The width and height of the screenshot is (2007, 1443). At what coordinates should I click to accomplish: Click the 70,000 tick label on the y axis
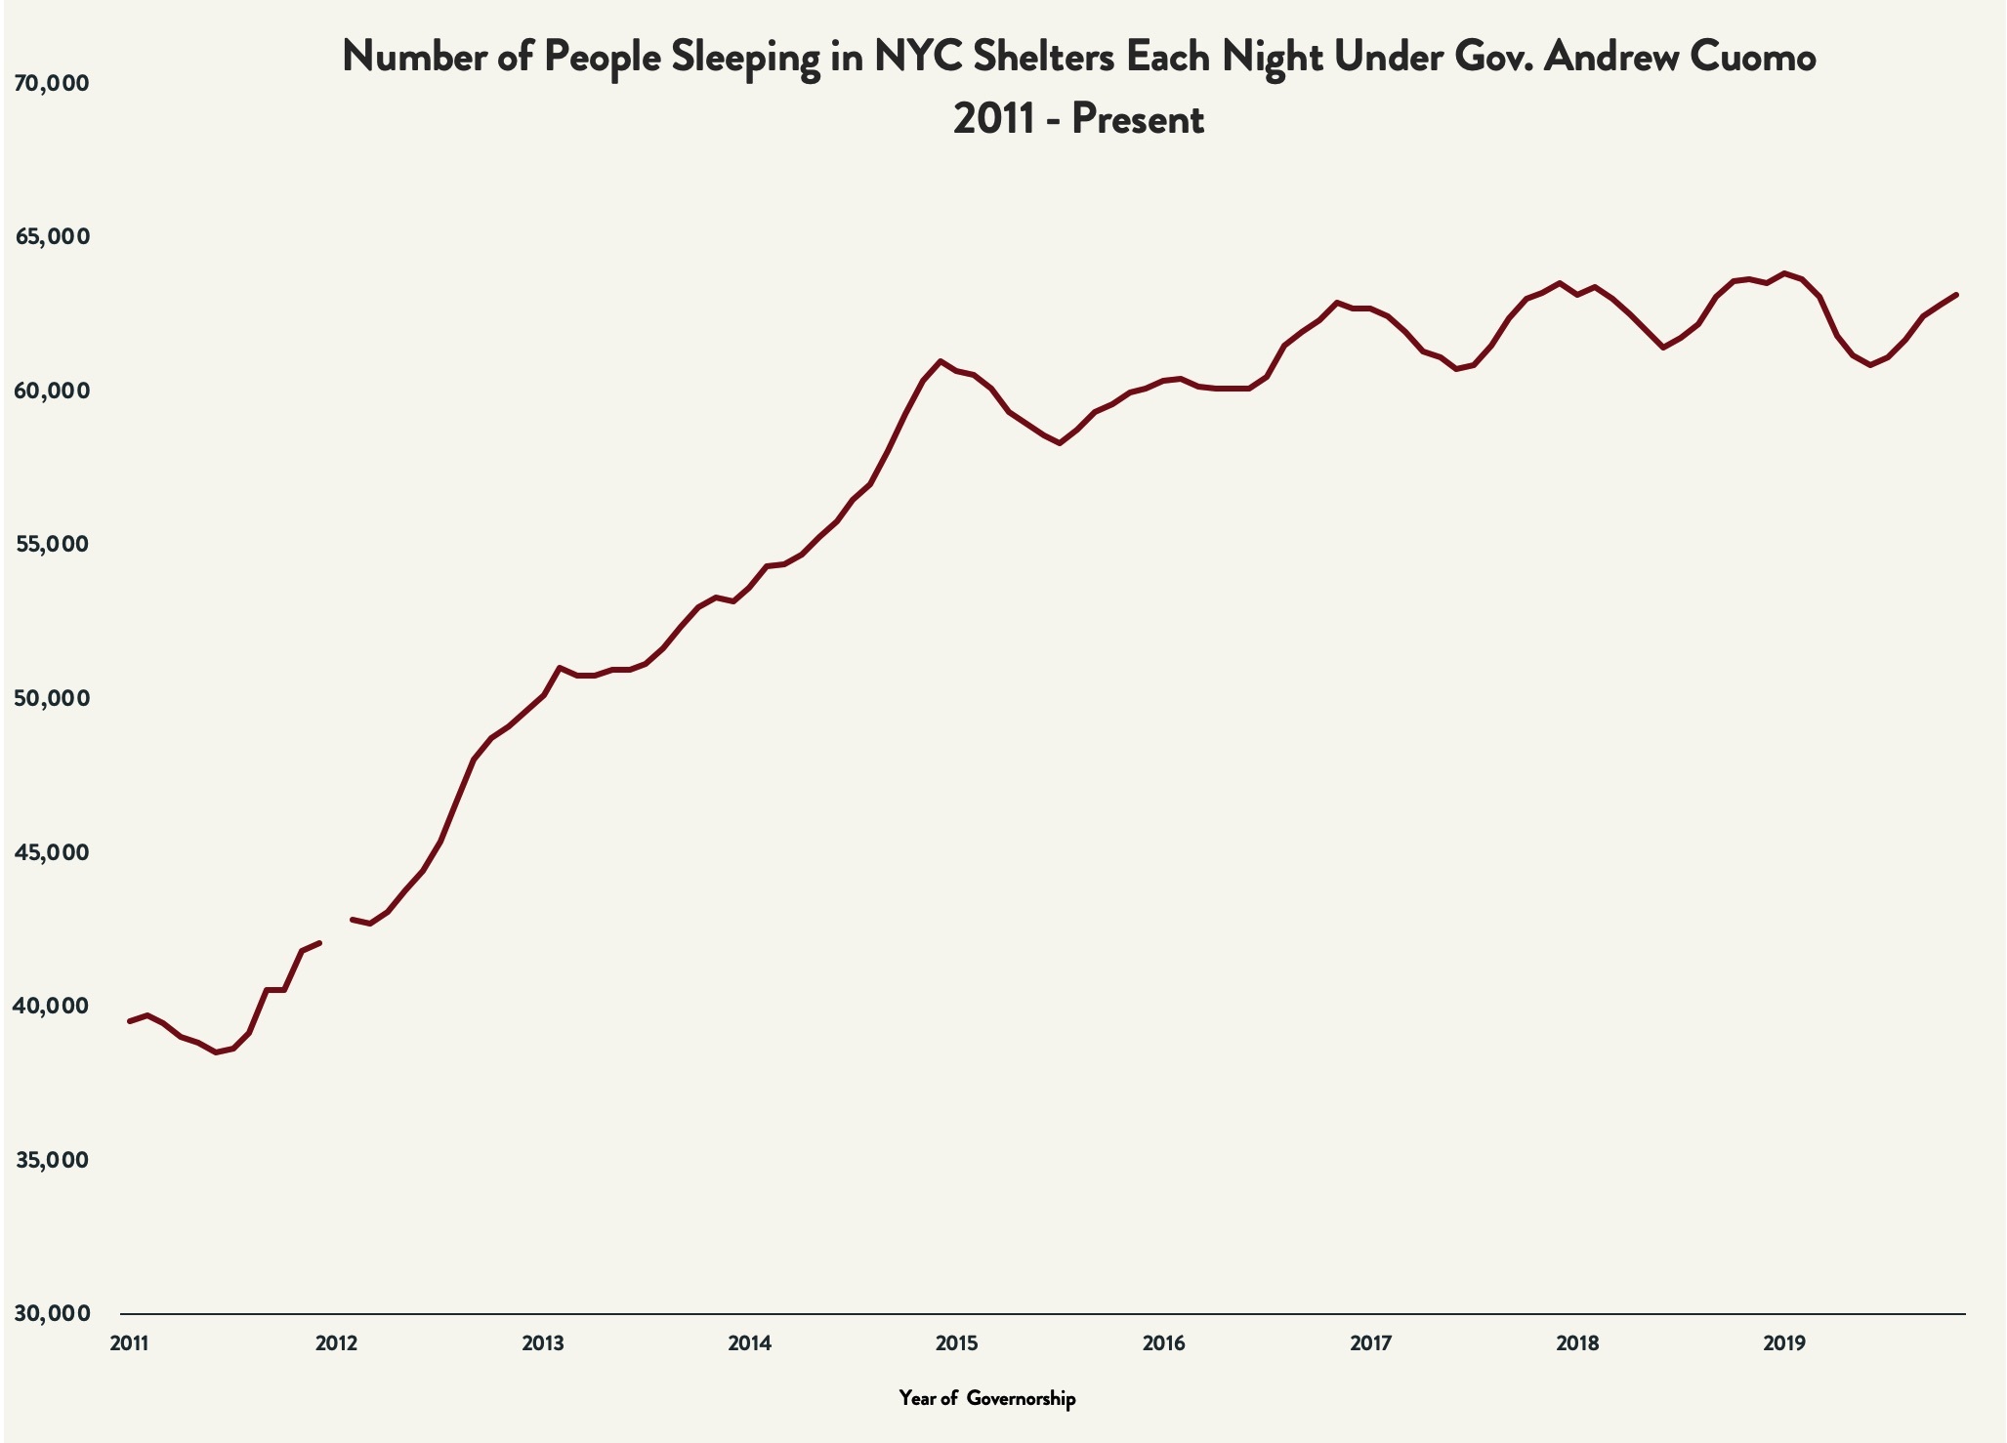[x=51, y=84]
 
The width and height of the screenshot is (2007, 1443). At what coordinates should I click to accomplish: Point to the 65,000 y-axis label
[x=51, y=237]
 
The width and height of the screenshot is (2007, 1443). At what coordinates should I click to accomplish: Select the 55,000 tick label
[x=51, y=545]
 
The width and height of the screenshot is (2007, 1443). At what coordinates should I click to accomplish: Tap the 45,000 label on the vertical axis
[x=51, y=852]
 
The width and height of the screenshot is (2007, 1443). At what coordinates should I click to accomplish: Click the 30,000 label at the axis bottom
[x=51, y=1314]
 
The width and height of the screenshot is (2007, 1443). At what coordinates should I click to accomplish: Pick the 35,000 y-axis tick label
[x=51, y=1161]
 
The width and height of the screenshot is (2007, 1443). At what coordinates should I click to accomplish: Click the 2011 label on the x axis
[x=129, y=1343]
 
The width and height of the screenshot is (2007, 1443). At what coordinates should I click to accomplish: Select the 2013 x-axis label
[x=543, y=1343]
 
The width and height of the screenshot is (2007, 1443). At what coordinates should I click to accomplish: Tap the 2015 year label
[x=956, y=1343]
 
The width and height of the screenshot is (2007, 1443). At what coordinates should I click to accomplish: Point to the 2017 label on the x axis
[x=1370, y=1343]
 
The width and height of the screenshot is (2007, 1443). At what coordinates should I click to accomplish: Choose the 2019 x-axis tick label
[x=1784, y=1343]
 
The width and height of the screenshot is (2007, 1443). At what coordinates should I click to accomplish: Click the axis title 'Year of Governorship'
[x=987, y=1399]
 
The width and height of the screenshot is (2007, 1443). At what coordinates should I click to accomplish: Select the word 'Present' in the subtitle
[x=1138, y=120]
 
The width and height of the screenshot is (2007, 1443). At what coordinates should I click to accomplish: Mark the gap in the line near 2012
[x=336, y=931]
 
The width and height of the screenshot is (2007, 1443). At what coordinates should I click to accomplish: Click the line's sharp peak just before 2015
[x=941, y=361]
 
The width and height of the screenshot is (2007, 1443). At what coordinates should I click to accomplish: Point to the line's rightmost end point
[x=1956, y=294]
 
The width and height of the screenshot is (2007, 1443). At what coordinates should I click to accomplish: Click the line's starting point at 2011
[x=130, y=1021]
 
